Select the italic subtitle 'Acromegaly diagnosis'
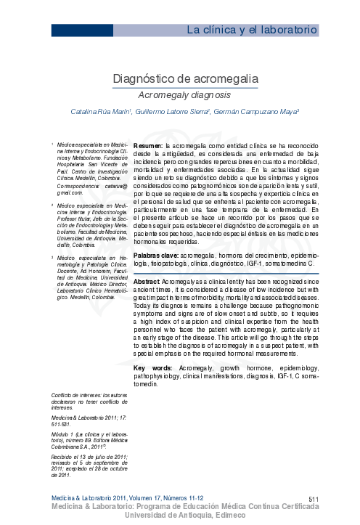[x=184, y=95]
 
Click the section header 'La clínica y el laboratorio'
[x=252, y=30]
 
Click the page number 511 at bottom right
[x=314, y=498]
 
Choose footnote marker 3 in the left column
[x=52, y=256]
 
